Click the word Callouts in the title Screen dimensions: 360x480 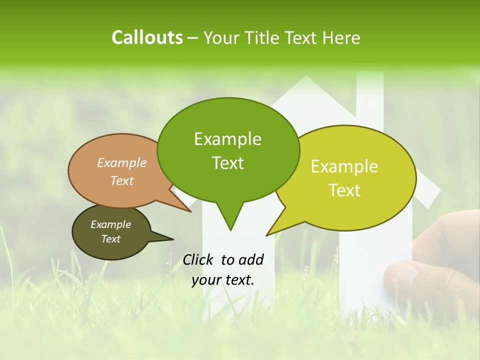coord(147,37)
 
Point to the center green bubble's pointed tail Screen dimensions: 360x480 coord(229,220)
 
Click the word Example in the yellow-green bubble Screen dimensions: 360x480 coord(344,166)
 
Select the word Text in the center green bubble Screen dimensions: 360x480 coord(228,163)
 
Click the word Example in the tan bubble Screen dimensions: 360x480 coord(121,163)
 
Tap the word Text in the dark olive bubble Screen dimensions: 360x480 coord(110,239)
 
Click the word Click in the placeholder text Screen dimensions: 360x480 coord(199,259)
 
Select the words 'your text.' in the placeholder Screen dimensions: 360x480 coord(223,280)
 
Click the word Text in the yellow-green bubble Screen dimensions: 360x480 coord(345,190)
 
